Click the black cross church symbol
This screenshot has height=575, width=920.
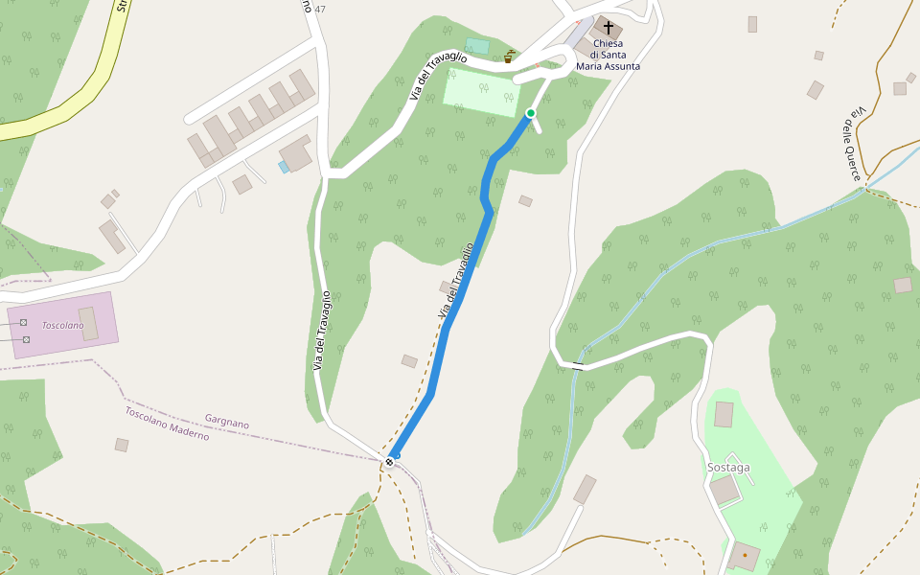(608, 28)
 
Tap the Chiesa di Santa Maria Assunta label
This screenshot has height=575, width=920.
(608, 55)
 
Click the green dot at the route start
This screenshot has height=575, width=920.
(530, 113)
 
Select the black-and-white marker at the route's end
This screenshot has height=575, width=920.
(389, 462)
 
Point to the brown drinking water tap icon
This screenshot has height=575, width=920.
(508, 57)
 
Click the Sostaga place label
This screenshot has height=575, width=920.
(728, 468)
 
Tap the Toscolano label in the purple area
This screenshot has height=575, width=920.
(62, 326)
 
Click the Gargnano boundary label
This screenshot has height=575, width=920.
(227, 422)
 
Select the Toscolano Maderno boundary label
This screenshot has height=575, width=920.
(167, 423)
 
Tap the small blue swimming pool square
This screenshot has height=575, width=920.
(283, 167)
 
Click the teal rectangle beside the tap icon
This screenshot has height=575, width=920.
(477, 46)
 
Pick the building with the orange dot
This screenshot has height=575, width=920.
(744, 555)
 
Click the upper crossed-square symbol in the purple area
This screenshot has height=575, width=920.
(23, 323)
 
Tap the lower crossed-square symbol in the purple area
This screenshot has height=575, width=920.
(26, 339)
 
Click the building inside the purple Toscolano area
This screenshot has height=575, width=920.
(88, 324)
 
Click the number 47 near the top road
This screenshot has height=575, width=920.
(320, 10)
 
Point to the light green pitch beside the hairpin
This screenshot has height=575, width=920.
(481, 92)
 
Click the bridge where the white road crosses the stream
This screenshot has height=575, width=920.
(577, 366)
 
